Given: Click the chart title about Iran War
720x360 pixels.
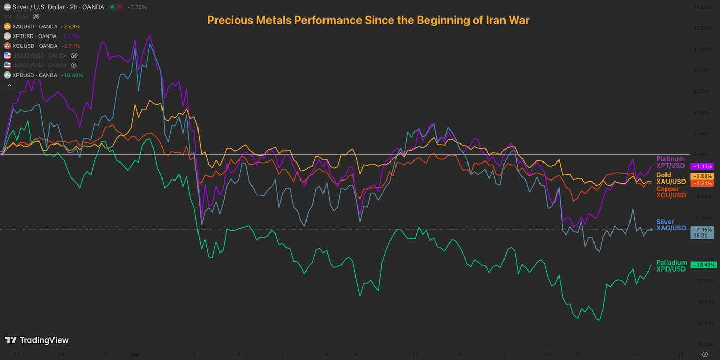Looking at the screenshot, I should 368,20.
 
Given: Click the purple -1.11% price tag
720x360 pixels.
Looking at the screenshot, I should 702,166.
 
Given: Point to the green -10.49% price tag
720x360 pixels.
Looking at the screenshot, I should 703,265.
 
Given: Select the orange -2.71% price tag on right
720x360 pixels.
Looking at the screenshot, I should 702,183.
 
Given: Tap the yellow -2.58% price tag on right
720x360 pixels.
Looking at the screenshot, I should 702,176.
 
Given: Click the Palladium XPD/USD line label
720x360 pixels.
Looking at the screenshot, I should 671,266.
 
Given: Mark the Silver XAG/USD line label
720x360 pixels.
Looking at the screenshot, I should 671,225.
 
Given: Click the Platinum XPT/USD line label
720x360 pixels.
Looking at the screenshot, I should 671,162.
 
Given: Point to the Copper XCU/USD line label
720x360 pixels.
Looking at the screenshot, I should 671,192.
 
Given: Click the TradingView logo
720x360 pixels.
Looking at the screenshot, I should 37,340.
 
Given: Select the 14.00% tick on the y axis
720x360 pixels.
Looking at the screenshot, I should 703,7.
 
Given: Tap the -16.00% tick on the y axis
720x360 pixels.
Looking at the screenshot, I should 702,323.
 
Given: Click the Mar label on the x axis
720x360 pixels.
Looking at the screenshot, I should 135,354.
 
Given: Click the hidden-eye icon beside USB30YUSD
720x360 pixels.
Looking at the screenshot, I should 74,56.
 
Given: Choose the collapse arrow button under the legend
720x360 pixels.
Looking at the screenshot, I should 9,85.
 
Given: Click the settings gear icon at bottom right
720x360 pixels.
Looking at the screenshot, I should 705,354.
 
